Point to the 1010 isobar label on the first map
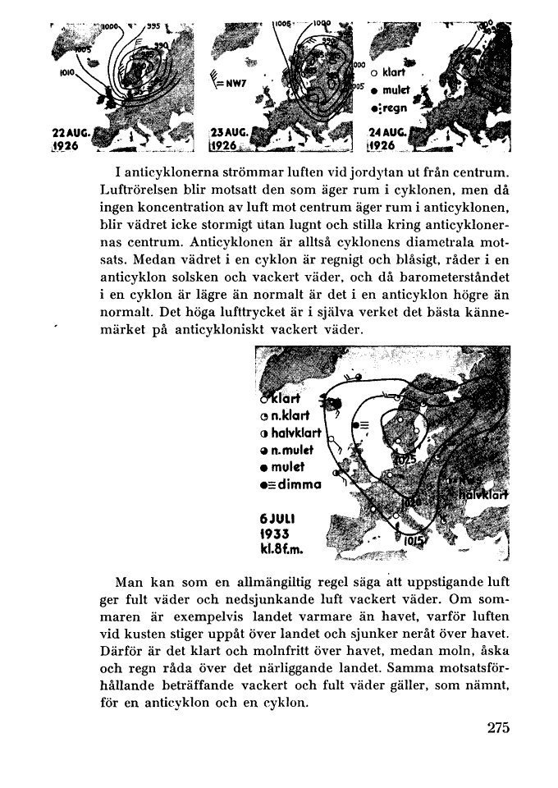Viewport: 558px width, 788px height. click(67, 72)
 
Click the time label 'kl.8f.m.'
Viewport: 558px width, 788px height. click(281, 547)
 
